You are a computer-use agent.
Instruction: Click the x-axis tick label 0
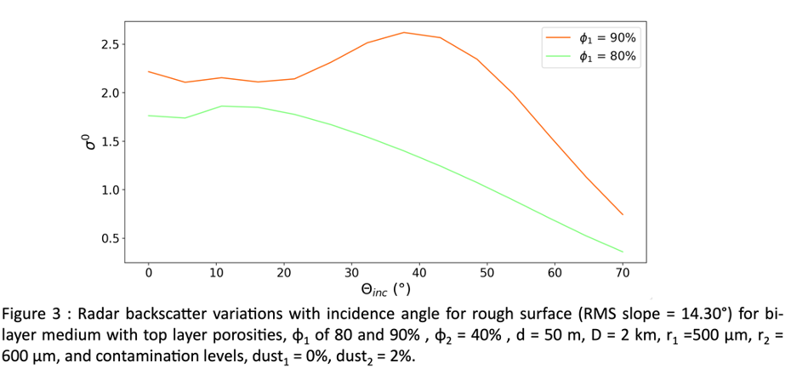click(x=149, y=273)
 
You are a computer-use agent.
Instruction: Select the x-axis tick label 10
click(x=216, y=273)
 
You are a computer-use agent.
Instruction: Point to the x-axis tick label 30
click(x=351, y=273)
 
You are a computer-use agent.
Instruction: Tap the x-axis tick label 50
click(x=487, y=273)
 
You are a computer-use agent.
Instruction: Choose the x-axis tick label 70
click(x=622, y=273)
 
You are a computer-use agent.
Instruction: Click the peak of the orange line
click(x=404, y=32)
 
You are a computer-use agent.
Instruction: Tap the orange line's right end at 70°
click(x=623, y=214)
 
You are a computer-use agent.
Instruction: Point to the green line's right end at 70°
click(x=623, y=252)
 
